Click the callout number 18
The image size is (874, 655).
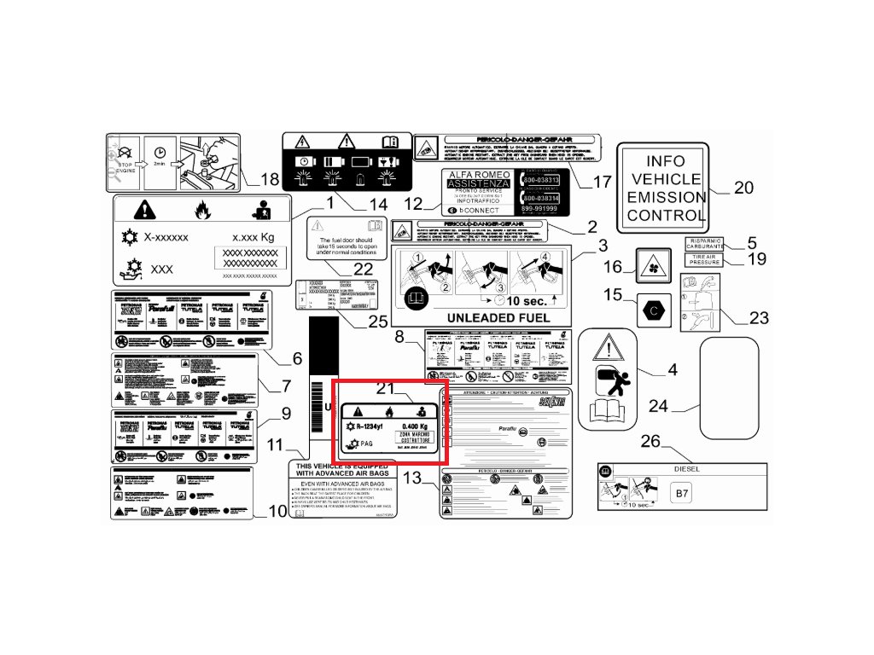[270, 180]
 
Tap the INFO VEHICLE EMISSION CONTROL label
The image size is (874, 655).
[665, 188]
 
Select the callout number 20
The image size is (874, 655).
[743, 188]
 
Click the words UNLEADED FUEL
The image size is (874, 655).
[482, 318]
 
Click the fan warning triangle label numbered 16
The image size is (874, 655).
[652, 265]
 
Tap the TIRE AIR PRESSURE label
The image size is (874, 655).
[704, 259]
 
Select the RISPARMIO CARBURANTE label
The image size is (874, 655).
[704, 244]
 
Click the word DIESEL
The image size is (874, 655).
[686, 469]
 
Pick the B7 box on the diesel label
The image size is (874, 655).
[681, 493]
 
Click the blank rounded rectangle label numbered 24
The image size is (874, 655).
[730, 387]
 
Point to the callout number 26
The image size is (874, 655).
[650, 441]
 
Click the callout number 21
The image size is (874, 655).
[387, 389]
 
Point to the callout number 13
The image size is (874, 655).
[412, 478]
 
